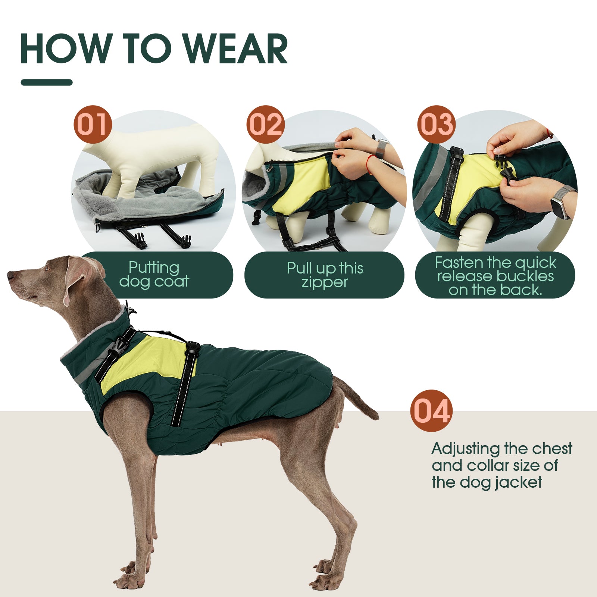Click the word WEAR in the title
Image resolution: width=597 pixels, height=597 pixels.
tap(236, 49)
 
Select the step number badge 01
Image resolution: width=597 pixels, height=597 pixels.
tap(93, 124)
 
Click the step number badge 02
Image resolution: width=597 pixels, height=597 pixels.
tap(265, 124)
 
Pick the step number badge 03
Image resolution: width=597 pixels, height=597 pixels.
tap(436, 124)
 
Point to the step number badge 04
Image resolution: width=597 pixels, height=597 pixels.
tap(431, 411)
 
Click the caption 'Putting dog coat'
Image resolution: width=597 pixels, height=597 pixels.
tap(154, 275)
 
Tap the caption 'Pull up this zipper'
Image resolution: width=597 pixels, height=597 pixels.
tap(325, 275)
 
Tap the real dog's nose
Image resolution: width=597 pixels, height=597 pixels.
tap(10, 275)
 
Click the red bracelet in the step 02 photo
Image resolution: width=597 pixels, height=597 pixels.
tap(369, 165)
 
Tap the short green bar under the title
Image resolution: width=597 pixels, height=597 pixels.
tap(47, 82)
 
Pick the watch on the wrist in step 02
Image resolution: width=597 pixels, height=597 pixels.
tap(381, 148)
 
